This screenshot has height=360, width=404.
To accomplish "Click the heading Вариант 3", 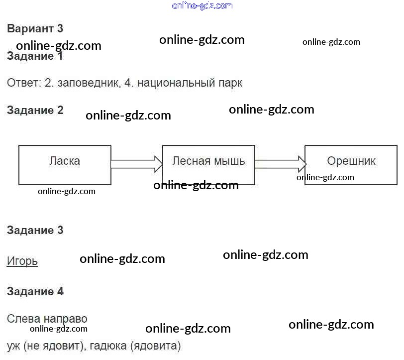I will (x=35, y=28).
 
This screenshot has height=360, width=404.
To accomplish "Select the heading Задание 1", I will (x=35, y=56).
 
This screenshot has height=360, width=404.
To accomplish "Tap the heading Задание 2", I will (x=35, y=110).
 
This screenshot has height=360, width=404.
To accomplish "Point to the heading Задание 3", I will (x=35, y=230).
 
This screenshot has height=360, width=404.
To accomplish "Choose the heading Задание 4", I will (x=35, y=291).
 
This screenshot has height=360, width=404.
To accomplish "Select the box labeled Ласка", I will (x=65, y=165).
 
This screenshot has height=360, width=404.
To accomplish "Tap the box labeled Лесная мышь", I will (x=208, y=165).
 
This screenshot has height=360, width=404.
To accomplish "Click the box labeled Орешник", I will (x=351, y=165).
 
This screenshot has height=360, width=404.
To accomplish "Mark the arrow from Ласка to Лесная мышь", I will (x=136, y=163).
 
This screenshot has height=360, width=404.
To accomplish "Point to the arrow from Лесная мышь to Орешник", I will (x=280, y=163).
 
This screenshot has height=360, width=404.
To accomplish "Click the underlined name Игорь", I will (x=22, y=261).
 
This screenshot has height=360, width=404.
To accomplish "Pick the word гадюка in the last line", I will (x=108, y=345).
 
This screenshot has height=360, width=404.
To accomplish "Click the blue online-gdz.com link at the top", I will (x=202, y=5).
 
